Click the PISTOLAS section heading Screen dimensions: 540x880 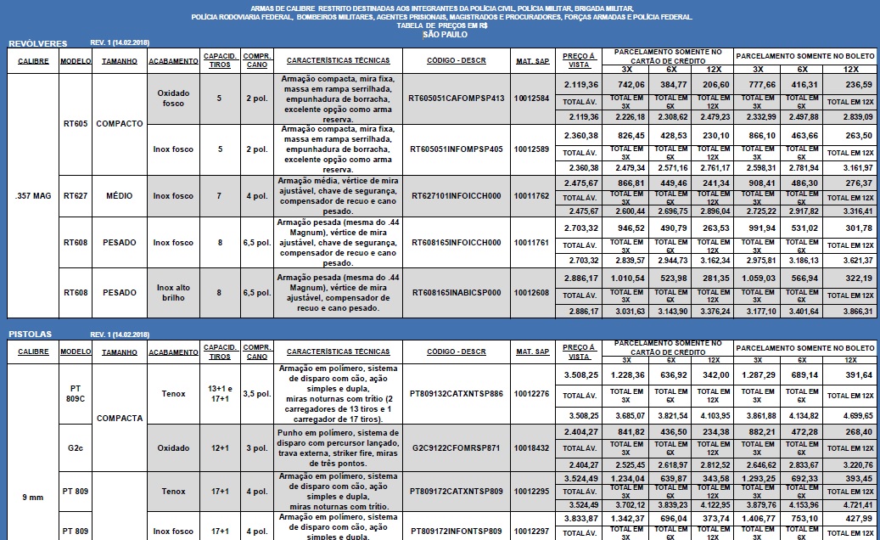(31, 334)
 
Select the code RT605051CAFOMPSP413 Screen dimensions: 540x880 (456, 98)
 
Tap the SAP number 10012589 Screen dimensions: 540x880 (531, 149)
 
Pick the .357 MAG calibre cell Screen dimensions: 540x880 (34, 196)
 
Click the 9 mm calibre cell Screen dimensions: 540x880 (34, 498)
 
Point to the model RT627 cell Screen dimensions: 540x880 (76, 196)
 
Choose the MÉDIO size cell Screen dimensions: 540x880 (120, 196)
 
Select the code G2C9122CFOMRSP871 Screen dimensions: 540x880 (456, 447)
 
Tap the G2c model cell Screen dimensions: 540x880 (76, 447)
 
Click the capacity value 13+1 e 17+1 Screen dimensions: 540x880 (219, 393)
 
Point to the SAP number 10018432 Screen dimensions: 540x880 (531, 447)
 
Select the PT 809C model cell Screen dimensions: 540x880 (76, 393)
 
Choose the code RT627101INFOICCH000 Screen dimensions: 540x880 (456, 196)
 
